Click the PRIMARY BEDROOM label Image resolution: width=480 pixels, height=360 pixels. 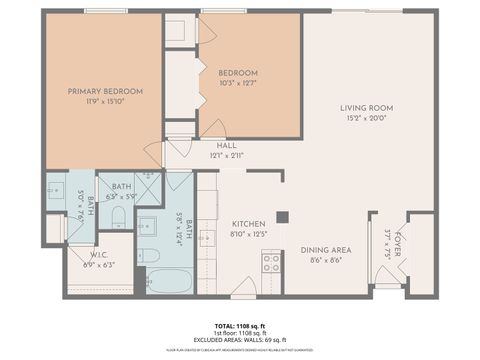click(106, 91)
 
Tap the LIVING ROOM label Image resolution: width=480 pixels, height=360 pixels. click(365, 108)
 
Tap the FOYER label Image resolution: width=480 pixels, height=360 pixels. click(397, 243)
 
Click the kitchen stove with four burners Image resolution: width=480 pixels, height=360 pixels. click(271, 263)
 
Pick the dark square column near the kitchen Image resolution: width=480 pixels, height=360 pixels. click(284, 216)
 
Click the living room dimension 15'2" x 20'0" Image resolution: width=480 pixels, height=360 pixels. click(365, 119)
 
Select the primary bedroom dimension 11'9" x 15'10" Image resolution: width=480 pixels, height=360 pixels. click(106, 102)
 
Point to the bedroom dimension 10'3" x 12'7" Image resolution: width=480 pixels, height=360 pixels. click(238, 84)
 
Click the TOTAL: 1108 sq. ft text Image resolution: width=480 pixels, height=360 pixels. click(240, 327)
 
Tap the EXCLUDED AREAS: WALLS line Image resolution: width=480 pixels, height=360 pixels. click(240, 341)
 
